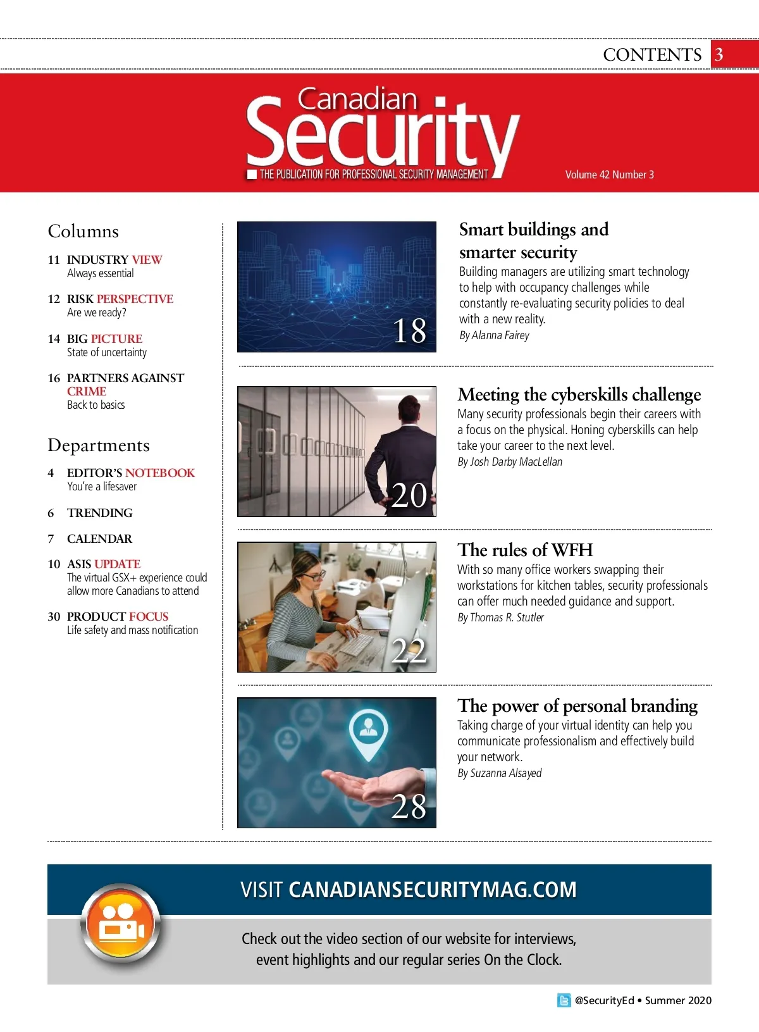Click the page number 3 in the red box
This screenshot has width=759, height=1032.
(719, 55)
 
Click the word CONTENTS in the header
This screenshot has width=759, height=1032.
(652, 55)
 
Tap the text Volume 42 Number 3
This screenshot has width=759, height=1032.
(609, 175)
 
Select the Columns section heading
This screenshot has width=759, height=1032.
(83, 232)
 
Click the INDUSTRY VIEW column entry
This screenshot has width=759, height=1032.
(114, 260)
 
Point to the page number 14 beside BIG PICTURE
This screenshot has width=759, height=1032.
(54, 339)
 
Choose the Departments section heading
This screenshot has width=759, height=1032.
(99, 445)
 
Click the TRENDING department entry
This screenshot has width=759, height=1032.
(100, 513)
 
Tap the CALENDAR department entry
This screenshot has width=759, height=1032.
(100, 539)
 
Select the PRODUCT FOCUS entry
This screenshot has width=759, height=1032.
(118, 617)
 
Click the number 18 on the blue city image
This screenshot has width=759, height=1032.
(409, 331)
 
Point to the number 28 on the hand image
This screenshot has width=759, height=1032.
(409, 807)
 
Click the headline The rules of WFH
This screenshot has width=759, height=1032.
(525, 550)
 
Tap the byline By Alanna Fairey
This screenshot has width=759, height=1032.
(494, 335)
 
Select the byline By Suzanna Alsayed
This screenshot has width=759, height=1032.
(499, 773)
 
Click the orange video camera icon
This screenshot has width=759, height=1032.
(121, 925)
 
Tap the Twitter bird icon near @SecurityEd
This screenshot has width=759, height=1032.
(564, 1000)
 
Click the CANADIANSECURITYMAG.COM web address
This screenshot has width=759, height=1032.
(433, 890)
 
